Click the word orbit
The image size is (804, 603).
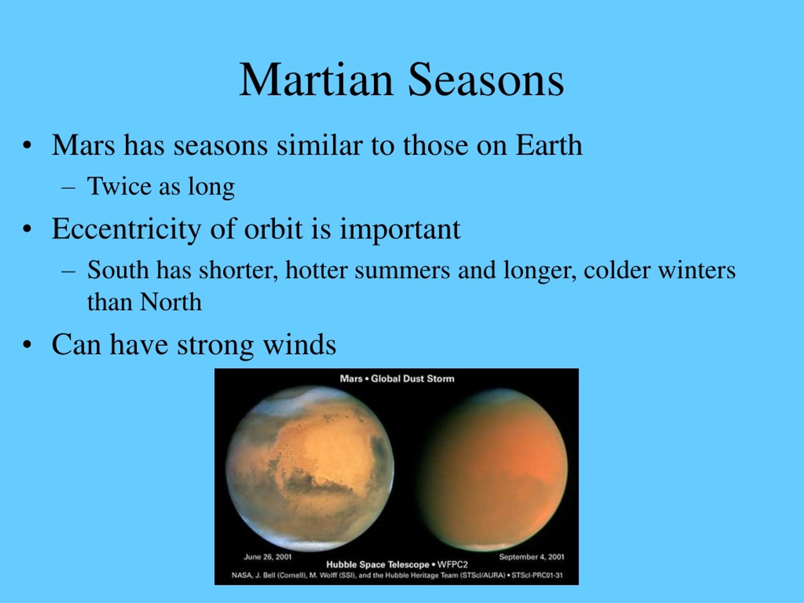click(273, 229)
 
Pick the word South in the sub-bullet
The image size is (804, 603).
click(118, 270)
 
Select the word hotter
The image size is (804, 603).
click(317, 270)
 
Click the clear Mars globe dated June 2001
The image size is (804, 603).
click(310, 469)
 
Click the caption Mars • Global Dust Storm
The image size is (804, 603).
click(397, 379)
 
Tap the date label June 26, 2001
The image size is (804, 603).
click(268, 557)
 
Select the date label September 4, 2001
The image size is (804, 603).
click(531, 557)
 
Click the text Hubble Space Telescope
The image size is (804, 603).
click(378, 564)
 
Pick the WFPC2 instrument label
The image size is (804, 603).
click(453, 564)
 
